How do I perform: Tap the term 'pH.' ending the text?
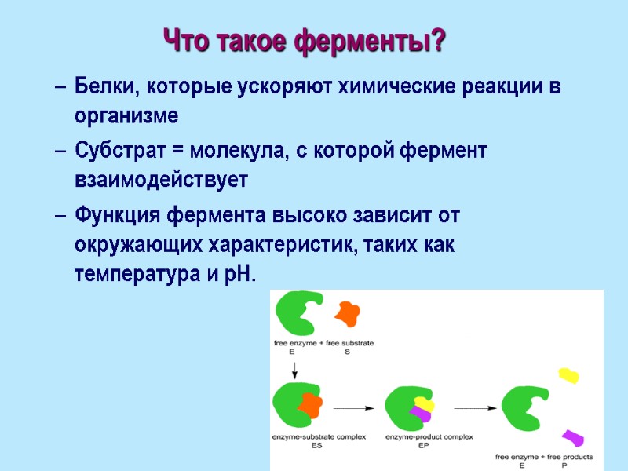click(239, 276)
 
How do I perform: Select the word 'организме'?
click(126, 117)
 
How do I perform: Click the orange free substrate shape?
click(346, 313)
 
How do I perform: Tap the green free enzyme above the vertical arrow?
click(299, 313)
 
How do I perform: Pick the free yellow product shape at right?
click(568, 375)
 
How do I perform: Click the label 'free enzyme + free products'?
click(543, 456)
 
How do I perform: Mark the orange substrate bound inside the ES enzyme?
click(309, 405)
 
